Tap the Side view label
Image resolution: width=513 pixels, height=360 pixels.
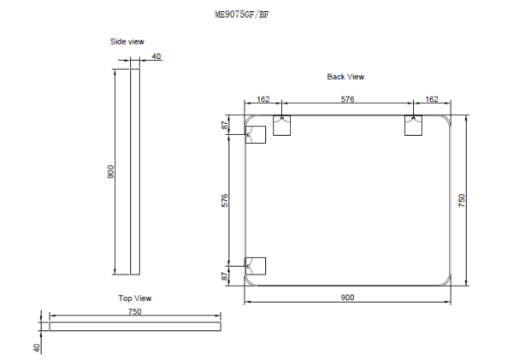[x=127, y=41]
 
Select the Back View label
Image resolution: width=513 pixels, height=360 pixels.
[x=345, y=77]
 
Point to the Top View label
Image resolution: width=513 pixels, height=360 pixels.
[x=134, y=298]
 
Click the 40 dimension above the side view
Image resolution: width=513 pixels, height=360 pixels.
[x=156, y=57]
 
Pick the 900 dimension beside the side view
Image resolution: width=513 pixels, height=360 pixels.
[x=110, y=172]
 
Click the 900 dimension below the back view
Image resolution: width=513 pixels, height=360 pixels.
[x=347, y=297]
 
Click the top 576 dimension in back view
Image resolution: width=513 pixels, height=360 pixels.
[x=347, y=100]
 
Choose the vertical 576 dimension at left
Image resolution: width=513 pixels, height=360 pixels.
[x=225, y=200]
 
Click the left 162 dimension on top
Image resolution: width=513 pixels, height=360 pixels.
[x=262, y=100]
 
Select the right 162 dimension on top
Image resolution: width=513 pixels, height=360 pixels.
[x=432, y=100]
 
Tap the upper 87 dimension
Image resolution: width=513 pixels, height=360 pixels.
[x=225, y=126]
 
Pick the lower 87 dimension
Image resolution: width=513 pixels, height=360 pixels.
[x=225, y=275]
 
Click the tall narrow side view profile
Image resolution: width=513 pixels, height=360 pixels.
[x=133, y=172]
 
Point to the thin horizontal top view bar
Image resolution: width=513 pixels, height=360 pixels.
[x=134, y=326]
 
